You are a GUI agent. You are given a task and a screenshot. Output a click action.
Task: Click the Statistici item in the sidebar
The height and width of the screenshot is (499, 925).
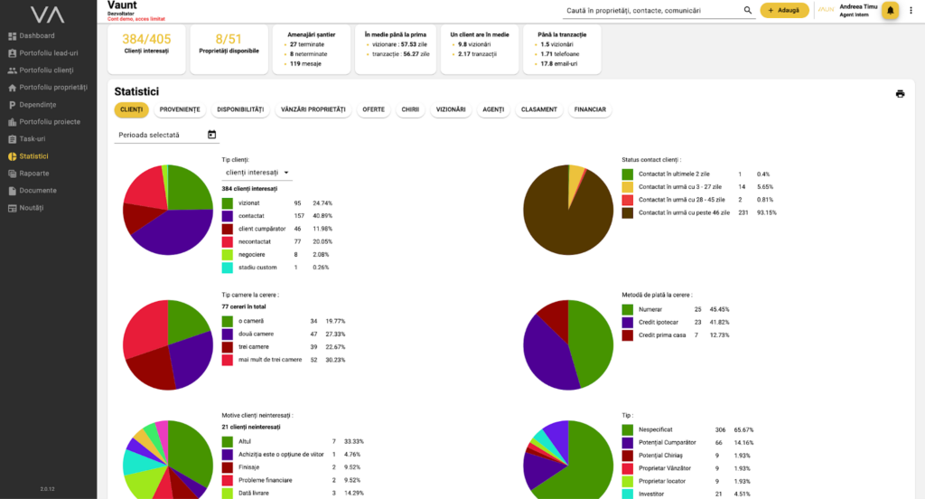pyautogui.click(x=35, y=156)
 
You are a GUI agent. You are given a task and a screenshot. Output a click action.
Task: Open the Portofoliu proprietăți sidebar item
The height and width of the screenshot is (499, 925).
pyautogui.click(x=52, y=88)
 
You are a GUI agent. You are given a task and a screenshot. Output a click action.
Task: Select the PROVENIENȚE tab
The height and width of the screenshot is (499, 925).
pyautogui.click(x=180, y=109)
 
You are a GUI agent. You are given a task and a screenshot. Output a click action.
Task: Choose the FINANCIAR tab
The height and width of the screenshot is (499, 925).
pyautogui.click(x=590, y=109)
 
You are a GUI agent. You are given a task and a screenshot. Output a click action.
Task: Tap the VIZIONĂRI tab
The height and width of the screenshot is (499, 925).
pyautogui.click(x=452, y=109)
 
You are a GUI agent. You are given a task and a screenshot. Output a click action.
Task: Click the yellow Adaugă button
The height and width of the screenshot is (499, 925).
pyautogui.click(x=784, y=10)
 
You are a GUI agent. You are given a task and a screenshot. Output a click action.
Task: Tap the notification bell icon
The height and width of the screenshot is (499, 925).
pyautogui.click(x=891, y=10)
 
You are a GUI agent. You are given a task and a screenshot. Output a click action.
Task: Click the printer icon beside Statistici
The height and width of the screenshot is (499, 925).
pyautogui.click(x=900, y=93)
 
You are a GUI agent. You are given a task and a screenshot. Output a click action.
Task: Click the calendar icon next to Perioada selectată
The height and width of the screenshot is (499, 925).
pyautogui.click(x=211, y=135)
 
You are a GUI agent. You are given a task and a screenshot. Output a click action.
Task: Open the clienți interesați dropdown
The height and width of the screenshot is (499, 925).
pyautogui.click(x=257, y=172)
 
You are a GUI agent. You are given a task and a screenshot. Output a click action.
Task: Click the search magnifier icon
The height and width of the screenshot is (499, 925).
pyautogui.click(x=748, y=10)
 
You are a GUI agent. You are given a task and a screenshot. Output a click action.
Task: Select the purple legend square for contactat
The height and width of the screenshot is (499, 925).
pyautogui.click(x=228, y=216)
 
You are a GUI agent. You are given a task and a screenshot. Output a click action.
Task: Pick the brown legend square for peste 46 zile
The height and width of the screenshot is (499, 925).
pyautogui.click(x=627, y=212)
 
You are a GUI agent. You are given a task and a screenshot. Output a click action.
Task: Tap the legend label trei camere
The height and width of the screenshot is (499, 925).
pyautogui.click(x=255, y=347)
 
